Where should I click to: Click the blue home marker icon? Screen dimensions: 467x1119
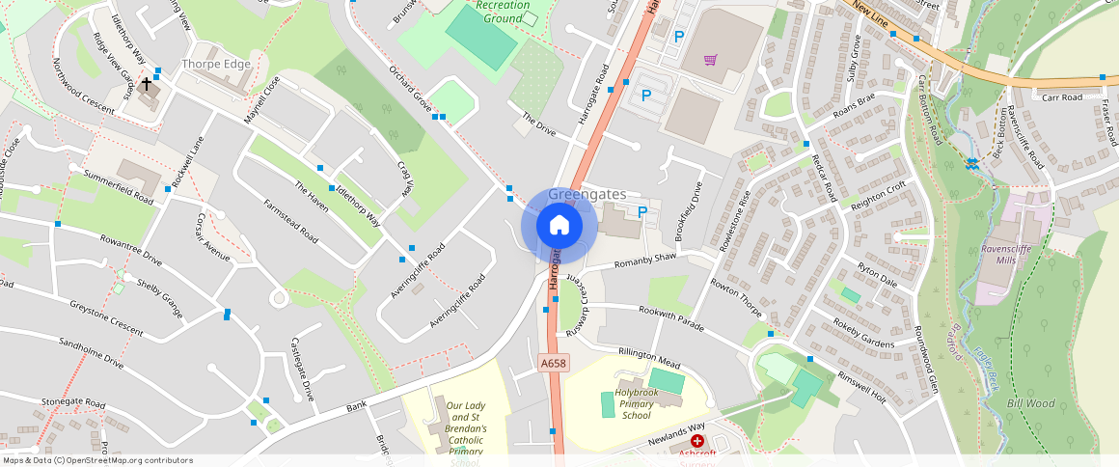pyautogui.click(x=559, y=226)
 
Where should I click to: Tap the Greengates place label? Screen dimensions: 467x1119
pyautogui.click(x=587, y=194)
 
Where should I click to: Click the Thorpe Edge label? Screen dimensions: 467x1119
pyautogui.click(x=216, y=64)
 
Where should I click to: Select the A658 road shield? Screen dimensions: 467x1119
pyautogui.click(x=554, y=364)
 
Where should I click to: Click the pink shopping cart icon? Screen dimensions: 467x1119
pyautogui.click(x=710, y=60)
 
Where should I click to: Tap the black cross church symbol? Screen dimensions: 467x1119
pyautogui.click(x=147, y=85)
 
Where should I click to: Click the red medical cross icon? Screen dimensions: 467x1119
pyautogui.click(x=697, y=440)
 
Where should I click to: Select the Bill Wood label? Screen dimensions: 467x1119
pyautogui.click(x=1030, y=403)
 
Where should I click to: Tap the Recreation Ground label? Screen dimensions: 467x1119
pyautogui.click(x=504, y=12)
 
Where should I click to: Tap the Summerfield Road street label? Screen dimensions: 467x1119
pyautogui.click(x=119, y=187)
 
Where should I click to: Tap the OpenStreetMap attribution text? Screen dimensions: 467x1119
pyautogui.click(x=96, y=460)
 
